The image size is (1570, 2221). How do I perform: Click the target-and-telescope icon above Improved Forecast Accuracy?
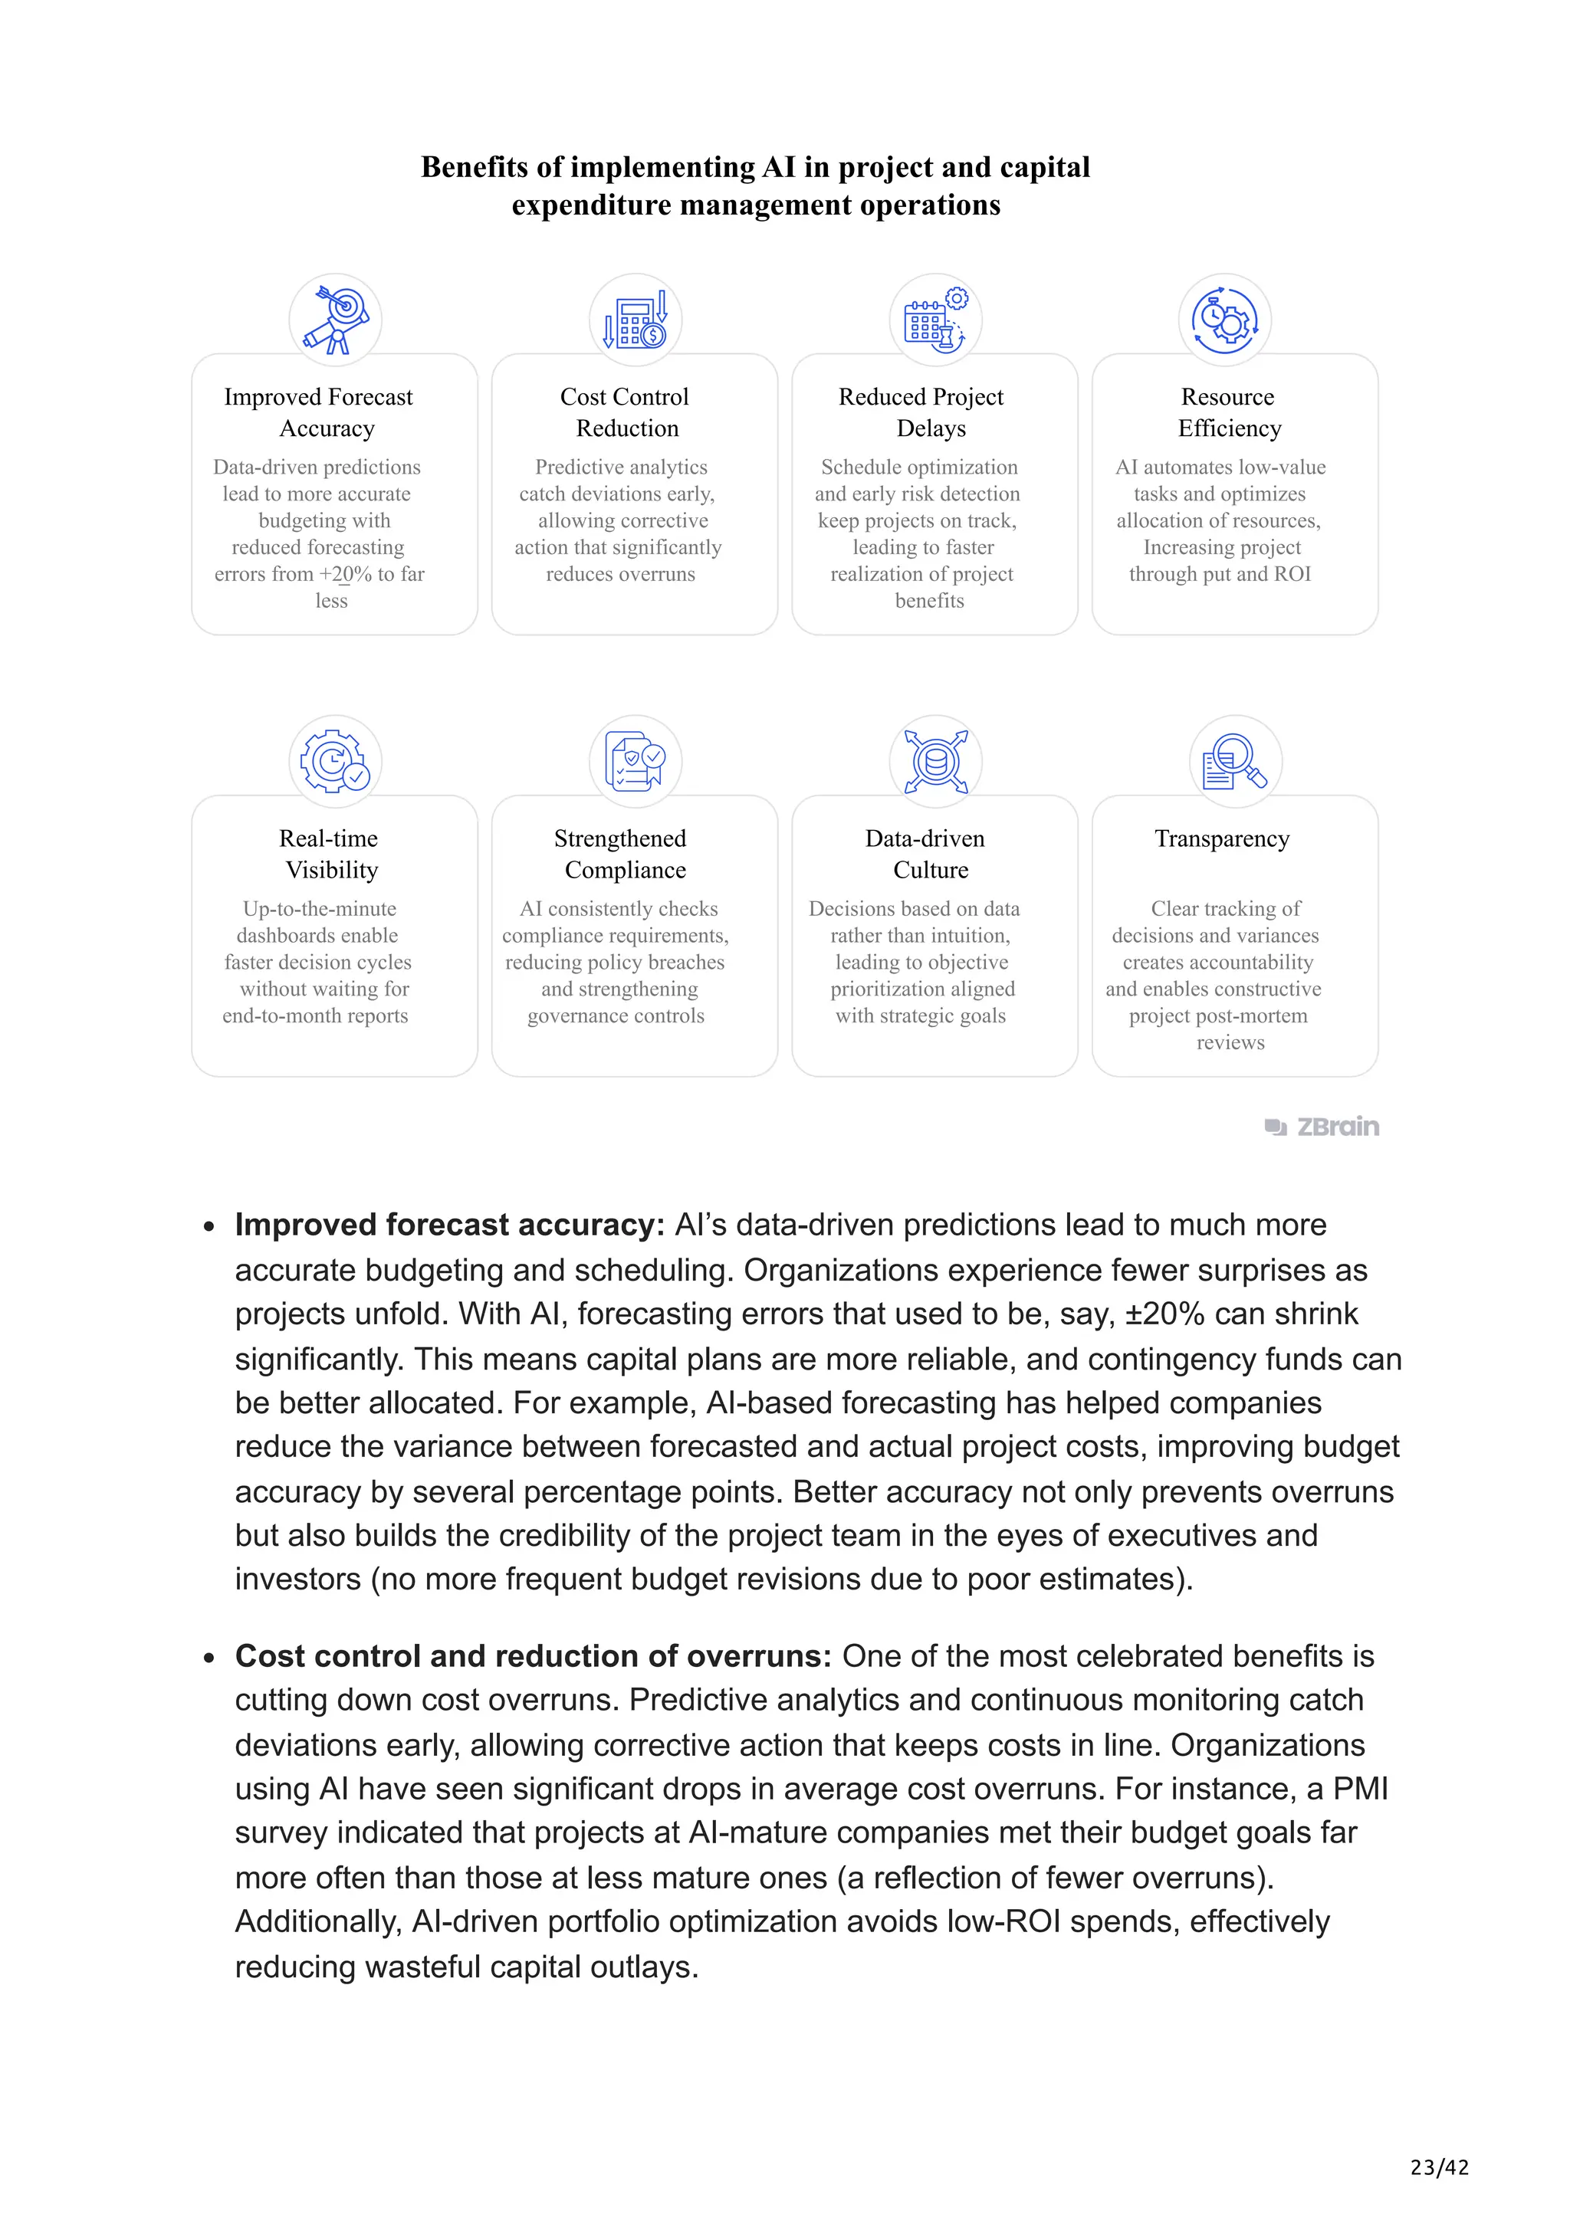click(x=336, y=320)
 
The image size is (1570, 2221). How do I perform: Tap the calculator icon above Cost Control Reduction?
click(x=636, y=320)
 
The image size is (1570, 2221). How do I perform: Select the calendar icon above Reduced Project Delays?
click(x=935, y=320)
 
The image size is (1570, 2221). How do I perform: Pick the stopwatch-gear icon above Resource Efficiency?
click(x=1225, y=320)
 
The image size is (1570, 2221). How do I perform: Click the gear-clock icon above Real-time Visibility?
click(x=336, y=761)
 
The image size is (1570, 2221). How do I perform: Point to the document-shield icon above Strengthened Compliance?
click(x=636, y=761)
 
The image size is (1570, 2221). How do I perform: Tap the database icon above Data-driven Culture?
click(x=935, y=761)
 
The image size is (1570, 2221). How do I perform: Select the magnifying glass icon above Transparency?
click(x=1235, y=761)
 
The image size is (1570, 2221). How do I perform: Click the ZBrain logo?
click(x=1322, y=1127)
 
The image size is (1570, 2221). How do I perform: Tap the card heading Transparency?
click(x=1222, y=838)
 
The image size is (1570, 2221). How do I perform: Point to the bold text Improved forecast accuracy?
click(x=450, y=1225)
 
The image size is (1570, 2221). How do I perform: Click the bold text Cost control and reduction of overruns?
click(x=533, y=1656)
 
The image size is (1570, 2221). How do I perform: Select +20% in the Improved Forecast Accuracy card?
click(x=345, y=575)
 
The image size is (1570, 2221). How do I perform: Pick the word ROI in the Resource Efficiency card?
click(x=1292, y=575)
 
